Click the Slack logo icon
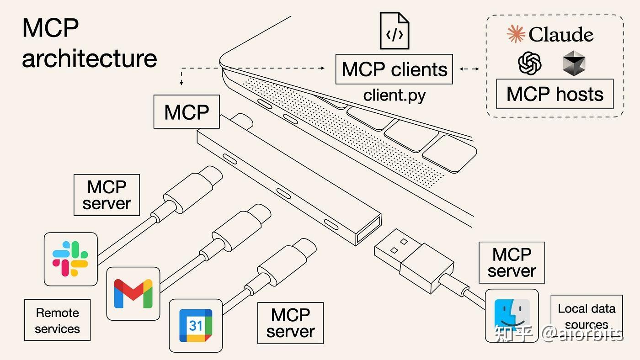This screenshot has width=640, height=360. [70, 259]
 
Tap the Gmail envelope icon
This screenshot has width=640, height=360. [133, 293]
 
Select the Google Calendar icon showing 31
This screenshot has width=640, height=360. [196, 325]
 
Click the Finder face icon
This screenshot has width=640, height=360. [512, 316]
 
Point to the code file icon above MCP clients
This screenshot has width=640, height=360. [395, 31]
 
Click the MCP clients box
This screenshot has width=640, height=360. [394, 69]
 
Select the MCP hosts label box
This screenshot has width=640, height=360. [555, 94]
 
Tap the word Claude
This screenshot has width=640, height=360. [561, 35]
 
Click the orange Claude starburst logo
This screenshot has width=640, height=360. [516, 35]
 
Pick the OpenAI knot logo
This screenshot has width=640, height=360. [530, 63]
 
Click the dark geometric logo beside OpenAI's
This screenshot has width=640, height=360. [574, 63]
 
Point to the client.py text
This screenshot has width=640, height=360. [395, 95]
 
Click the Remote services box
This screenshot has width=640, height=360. [57, 320]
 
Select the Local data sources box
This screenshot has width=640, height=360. [587, 316]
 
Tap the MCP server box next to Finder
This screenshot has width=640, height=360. [512, 263]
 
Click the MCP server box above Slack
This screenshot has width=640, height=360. [107, 195]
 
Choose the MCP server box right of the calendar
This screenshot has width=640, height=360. [290, 323]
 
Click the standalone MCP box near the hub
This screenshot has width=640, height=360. [187, 112]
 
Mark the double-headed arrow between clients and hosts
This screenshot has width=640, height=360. [469, 69]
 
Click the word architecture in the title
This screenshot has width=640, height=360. [89, 58]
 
